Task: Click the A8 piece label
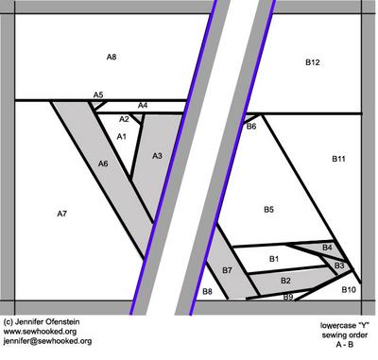pyautogui.click(x=112, y=57)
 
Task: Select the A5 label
pyautogui.click(x=98, y=94)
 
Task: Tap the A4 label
pyautogui.click(x=143, y=105)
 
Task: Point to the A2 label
pyautogui.click(x=124, y=119)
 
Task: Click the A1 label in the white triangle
pyautogui.click(x=122, y=136)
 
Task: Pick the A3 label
pyautogui.click(x=157, y=156)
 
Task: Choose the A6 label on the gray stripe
pyautogui.click(x=103, y=163)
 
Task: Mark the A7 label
pyautogui.click(x=62, y=214)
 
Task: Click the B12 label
pyautogui.click(x=313, y=62)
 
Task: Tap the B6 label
pyautogui.click(x=251, y=127)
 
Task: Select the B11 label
pyautogui.click(x=338, y=159)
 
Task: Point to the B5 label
pyautogui.click(x=268, y=210)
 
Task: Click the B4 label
pyautogui.click(x=327, y=248)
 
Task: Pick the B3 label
pyautogui.click(x=339, y=266)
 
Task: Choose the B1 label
pyautogui.click(x=274, y=259)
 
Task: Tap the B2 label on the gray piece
pyautogui.click(x=285, y=281)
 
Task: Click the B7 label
pyautogui.click(x=227, y=270)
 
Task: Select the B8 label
pyautogui.click(x=207, y=292)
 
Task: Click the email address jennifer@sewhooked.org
pyautogui.click(x=47, y=341)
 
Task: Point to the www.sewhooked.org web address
pyautogui.click(x=40, y=332)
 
